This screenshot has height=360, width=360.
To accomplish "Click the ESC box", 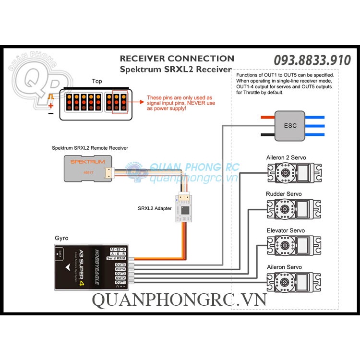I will click(x=290, y=126).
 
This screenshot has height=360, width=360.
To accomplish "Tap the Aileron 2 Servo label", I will click(x=286, y=157).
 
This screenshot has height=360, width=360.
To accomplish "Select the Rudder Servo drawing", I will click(x=293, y=209).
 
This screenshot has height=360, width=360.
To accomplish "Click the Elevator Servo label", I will click(x=286, y=231).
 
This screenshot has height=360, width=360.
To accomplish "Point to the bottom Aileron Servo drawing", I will click(x=293, y=283).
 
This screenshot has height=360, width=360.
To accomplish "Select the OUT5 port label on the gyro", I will click(x=120, y=264).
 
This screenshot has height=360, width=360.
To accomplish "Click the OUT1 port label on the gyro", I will click(x=120, y=283).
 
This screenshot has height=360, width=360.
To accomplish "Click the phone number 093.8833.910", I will click(x=312, y=60).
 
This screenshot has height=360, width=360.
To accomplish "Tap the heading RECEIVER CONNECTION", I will click(x=177, y=59).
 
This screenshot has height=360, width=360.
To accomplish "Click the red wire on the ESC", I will click(x=267, y=117).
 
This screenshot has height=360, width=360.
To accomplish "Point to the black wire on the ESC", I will click(x=267, y=135).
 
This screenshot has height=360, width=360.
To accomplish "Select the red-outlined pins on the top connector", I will click(x=120, y=102).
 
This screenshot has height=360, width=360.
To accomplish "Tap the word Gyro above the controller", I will click(x=62, y=238).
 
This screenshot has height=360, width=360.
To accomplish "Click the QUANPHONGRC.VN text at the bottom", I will click(x=179, y=300).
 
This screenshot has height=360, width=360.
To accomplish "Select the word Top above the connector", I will click(x=97, y=81).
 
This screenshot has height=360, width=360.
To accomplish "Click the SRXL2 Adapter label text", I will click(x=155, y=208).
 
